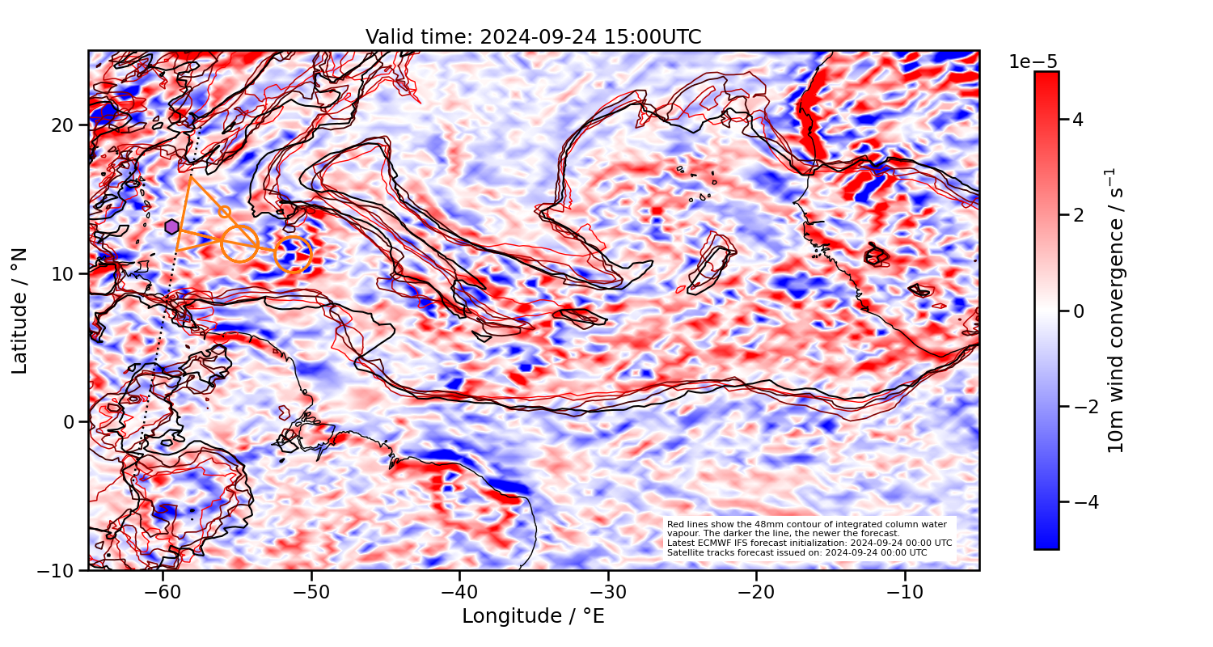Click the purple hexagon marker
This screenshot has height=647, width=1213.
pos(171,226)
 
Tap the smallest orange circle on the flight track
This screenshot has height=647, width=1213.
pos(225,212)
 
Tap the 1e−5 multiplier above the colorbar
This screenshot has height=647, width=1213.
pos(1033,62)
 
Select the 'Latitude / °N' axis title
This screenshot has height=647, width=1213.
pos(20,311)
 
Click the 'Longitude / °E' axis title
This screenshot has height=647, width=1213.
pos(533,616)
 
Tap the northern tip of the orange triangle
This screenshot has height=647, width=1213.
pos(189,176)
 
